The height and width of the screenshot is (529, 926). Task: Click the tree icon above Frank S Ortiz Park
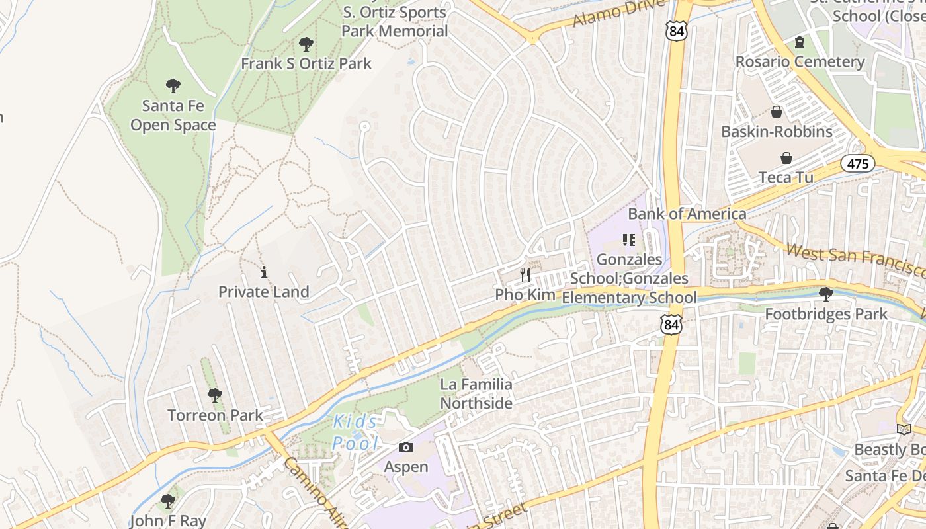point(306,44)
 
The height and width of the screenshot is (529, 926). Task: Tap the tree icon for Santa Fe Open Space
point(173,86)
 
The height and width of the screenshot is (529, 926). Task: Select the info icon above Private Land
point(264,272)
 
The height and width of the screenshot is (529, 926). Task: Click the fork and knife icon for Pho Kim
point(525,275)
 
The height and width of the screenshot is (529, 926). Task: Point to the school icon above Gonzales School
point(628,240)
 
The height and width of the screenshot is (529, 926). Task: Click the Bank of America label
point(687,214)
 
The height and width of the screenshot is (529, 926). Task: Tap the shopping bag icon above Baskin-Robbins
point(777,112)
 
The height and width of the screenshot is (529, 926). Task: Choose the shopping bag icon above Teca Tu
point(786,158)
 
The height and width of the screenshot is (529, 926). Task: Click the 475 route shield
point(858,163)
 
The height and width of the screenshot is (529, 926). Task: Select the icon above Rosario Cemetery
point(800,43)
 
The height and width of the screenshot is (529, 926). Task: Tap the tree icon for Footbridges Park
point(825,294)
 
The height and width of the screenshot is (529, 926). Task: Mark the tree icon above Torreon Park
point(214,395)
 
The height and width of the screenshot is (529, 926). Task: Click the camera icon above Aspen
point(406,448)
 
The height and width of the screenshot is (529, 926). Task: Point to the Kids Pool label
point(356,432)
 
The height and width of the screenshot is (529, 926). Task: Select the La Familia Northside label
point(476,393)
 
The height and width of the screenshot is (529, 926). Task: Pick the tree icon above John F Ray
point(168,501)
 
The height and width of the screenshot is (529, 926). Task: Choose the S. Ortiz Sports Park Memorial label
point(395,22)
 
